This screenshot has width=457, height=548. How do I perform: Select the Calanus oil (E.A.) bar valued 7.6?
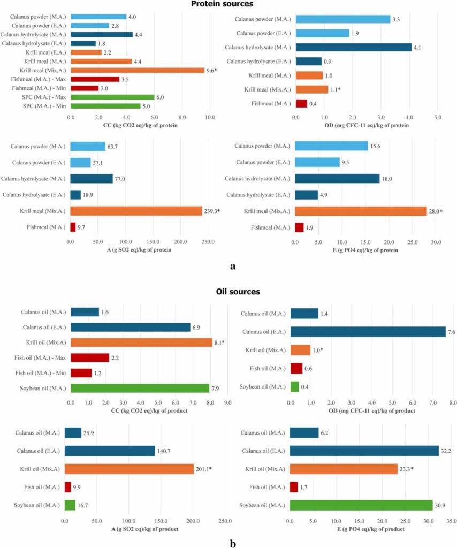coord(368,332)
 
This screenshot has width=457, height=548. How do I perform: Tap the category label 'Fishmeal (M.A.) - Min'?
coord(37,88)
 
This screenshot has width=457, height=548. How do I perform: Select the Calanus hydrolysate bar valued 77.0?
coord(92,179)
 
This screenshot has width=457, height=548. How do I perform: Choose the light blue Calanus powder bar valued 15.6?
coord(331,146)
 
